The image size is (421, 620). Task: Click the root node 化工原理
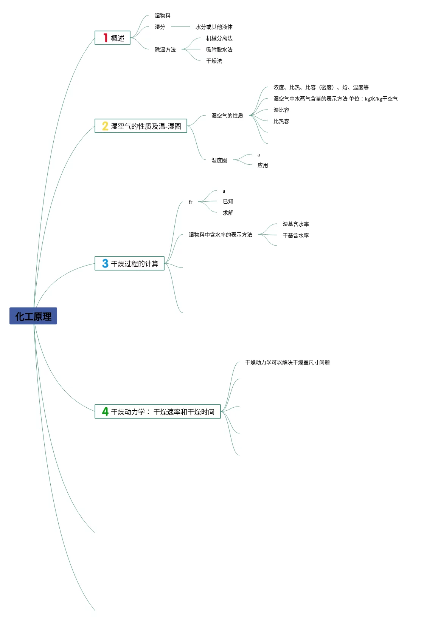tap(33, 316)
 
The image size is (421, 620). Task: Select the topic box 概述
tap(113, 38)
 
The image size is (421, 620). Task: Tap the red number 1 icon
tap(106, 38)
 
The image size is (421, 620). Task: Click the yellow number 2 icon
tap(105, 126)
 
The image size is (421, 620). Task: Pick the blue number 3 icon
tap(105, 263)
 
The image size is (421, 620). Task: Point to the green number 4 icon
tap(105, 411)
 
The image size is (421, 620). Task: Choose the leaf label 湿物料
tap(163, 15)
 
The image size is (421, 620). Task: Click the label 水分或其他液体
tap(214, 27)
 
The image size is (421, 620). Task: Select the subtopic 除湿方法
tap(165, 49)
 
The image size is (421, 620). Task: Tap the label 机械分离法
tap(219, 38)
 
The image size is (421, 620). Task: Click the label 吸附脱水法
tap(219, 49)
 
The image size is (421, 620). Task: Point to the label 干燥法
tap(214, 61)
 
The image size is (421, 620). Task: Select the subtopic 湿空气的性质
tap(227, 116)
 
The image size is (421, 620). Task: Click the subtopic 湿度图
tap(219, 160)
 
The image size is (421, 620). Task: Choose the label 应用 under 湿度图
tap(263, 165)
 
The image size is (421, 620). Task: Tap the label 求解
tap(228, 213)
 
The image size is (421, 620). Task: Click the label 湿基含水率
tap(295, 224)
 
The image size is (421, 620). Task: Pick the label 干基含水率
tap(295, 235)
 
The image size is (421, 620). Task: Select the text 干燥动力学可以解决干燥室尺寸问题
tap(287, 362)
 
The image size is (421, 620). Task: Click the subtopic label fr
tap(190, 202)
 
